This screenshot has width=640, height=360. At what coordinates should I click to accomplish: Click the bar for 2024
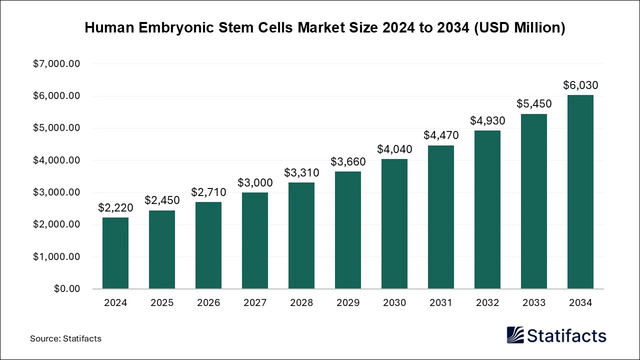[115, 253]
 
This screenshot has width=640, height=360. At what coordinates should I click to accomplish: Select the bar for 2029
[348, 230]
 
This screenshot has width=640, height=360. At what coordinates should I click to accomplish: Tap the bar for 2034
[580, 192]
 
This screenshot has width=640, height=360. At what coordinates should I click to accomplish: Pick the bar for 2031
[441, 217]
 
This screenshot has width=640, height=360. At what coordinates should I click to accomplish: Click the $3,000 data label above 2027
[255, 183]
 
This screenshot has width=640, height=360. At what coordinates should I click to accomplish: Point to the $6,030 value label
[580, 85]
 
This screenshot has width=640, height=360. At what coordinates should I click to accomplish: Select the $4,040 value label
[394, 149]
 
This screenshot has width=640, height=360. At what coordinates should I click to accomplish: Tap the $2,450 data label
[162, 200]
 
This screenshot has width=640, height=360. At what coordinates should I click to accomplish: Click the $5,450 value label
[534, 104]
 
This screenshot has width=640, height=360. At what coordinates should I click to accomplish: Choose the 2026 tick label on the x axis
[208, 302]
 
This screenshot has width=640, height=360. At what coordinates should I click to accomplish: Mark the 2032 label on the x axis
[487, 302]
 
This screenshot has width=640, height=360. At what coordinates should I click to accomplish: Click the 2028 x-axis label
[301, 302]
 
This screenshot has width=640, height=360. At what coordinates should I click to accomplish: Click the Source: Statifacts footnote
[65, 338]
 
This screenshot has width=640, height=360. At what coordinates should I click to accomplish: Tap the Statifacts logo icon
[515, 335]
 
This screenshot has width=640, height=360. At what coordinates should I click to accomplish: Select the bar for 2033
[534, 201]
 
